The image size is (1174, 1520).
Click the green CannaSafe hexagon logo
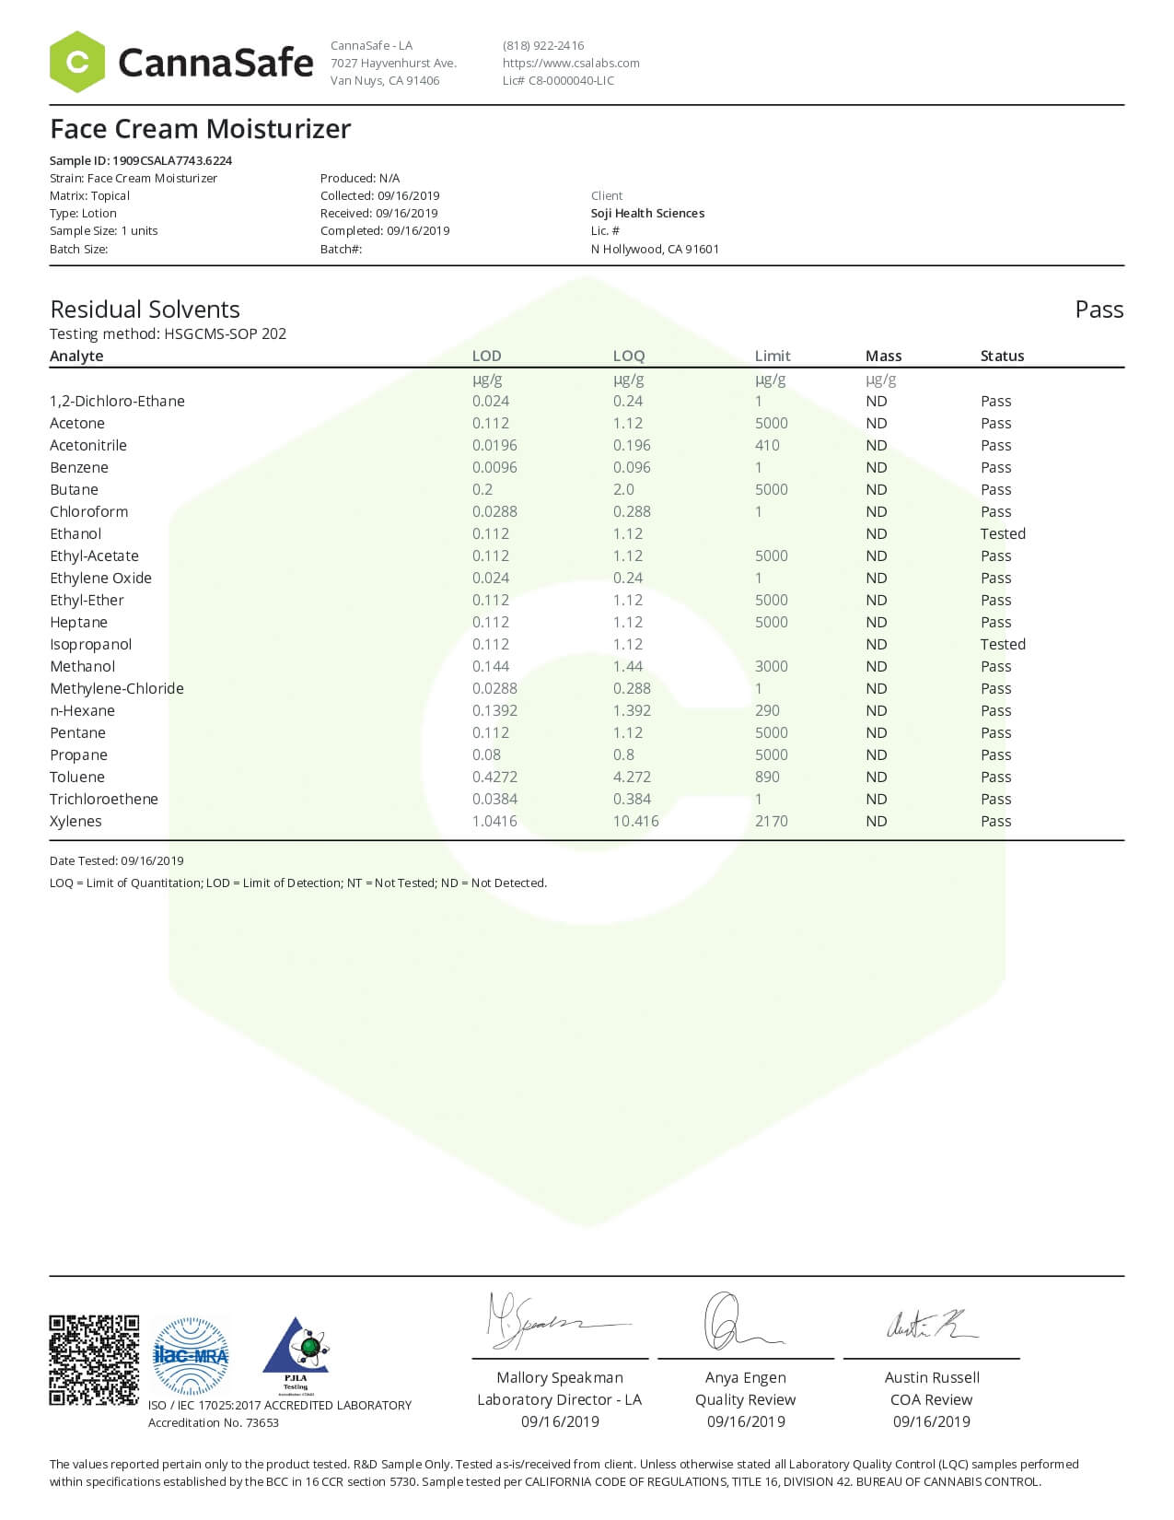77,62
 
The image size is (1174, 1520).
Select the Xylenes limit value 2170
771,821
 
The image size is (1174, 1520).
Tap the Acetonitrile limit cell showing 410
767,445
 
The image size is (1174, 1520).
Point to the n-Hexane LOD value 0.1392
494,710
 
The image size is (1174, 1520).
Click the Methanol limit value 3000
771,666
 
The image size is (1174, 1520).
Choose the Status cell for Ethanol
1002,533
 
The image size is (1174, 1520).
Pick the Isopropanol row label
90,644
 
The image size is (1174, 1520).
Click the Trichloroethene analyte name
103,799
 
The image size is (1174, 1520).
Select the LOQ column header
629,356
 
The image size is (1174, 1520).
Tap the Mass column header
883,356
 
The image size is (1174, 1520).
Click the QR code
94,1360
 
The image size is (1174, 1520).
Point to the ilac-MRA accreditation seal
190,1355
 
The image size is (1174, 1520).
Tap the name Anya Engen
745,1377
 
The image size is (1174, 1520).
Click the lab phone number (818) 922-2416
543,45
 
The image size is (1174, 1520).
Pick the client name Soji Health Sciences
647,213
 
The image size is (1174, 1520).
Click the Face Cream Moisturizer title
200,129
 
